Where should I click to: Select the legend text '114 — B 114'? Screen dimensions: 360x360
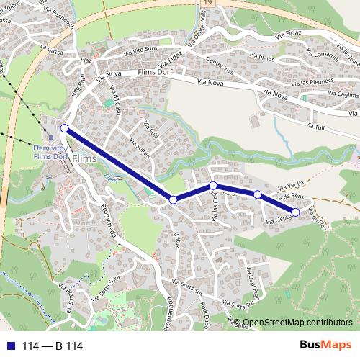point(52,346)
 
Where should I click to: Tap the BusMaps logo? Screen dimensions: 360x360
point(325,346)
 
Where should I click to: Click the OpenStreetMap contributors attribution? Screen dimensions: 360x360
point(298,323)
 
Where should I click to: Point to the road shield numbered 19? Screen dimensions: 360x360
point(208,4)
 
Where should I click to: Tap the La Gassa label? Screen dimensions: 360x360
point(52,50)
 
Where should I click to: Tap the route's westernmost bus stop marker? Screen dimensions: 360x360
point(64,128)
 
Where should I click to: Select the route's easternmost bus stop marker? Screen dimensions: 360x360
point(296,212)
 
